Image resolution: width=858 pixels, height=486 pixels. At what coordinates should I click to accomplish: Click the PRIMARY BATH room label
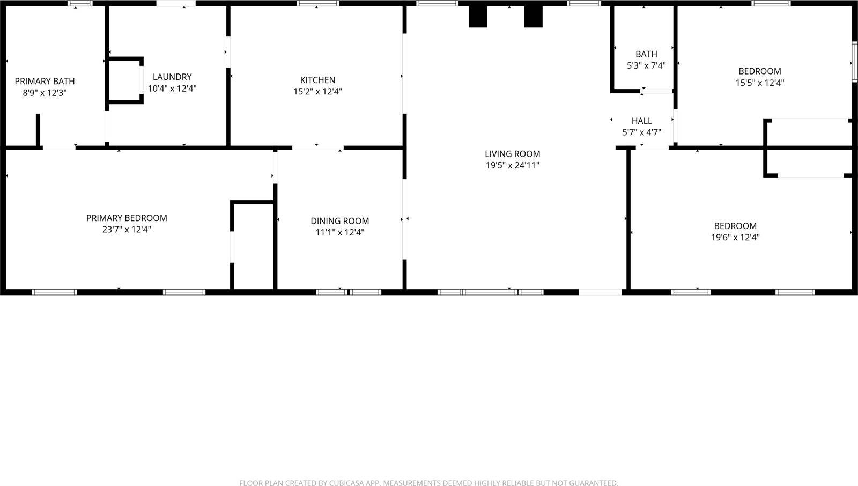[45, 82]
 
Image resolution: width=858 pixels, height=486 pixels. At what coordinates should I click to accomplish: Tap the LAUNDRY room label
[172, 77]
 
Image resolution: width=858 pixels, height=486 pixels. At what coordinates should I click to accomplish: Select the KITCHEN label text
[317, 80]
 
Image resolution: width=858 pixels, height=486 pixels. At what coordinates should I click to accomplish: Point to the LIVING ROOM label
[512, 154]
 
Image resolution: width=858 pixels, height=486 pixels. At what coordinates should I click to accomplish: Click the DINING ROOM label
[339, 221]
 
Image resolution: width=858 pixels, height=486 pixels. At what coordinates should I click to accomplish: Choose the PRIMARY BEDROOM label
[127, 218]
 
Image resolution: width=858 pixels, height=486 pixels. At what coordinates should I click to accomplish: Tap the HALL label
[641, 121]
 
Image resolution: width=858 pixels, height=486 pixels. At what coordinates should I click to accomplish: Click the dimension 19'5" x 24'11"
[512, 166]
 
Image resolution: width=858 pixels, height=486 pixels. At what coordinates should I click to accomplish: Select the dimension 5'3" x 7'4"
[646, 66]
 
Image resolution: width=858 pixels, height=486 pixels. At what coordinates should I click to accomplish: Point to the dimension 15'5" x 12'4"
[759, 83]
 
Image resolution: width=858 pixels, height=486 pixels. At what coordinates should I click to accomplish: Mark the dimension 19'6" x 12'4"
[735, 238]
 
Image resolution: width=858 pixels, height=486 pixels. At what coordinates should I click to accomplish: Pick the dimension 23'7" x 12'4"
[127, 230]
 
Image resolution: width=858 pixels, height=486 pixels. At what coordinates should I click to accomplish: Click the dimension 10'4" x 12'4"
[172, 89]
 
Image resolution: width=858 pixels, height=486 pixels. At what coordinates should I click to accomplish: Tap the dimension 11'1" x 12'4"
[339, 233]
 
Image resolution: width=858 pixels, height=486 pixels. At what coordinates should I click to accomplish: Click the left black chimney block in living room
[477, 17]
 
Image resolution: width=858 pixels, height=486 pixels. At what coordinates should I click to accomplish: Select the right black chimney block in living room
[533, 17]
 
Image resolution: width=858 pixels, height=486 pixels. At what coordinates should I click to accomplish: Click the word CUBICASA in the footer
[350, 483]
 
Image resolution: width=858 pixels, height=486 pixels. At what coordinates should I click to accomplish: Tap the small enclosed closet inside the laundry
[124, 79]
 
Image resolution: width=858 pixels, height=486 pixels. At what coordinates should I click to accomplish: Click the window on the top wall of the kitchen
[318, 4]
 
